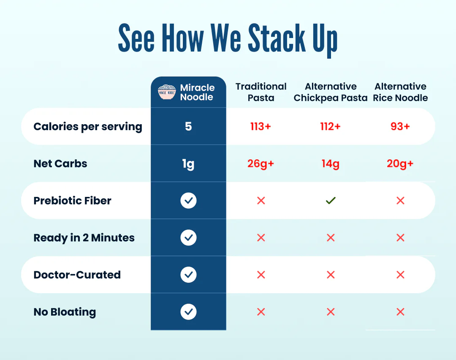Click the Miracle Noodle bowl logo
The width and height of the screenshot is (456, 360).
click(x=167, y=92)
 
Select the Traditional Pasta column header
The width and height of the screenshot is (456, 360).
click(x=261, y=92)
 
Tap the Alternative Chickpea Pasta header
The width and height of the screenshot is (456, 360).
click(x=331, y=92)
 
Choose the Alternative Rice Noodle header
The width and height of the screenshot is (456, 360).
click(x=400, y=92)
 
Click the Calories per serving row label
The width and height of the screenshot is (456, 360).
click(x=88, y=126)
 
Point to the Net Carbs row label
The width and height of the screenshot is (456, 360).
click(x=60, y=164)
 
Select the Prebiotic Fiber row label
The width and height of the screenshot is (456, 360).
click(x=72, y=200)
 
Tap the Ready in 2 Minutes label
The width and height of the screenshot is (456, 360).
click(x=84, y=237)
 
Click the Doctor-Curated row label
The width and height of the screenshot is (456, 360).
click(x=77, y=275)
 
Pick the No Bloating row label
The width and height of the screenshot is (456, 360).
click(x=65, y=312)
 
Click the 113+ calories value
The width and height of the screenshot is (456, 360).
click(x=261, y=126)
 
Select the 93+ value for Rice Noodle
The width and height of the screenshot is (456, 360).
click(x=400, y=126)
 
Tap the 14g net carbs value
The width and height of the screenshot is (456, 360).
click(x=330, y=164)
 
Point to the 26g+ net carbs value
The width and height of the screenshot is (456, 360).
click(x=261, y=164)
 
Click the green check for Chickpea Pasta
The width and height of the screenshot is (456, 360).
click(x=331, y=201)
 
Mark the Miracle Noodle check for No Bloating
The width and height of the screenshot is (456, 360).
click(x=188, y=312)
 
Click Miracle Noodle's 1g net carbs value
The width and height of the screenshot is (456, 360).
click(x=188, y=164)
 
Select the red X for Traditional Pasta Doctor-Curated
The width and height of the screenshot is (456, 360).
click(x=261, y=275)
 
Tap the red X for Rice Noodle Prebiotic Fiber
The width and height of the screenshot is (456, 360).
click(x=400, y=201)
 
